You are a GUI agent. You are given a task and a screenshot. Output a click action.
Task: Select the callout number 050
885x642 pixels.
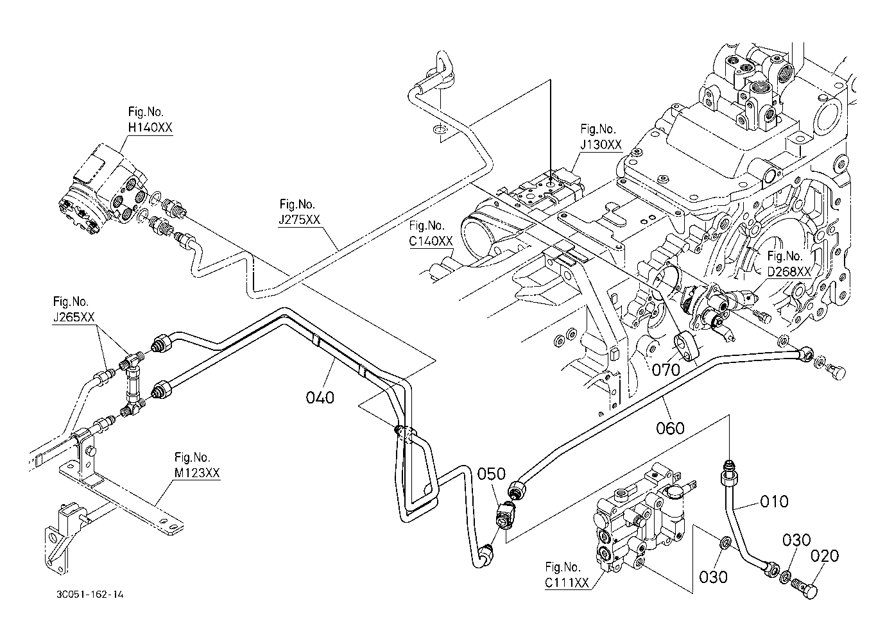[x=492, y=475]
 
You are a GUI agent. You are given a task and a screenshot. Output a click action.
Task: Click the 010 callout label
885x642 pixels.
[x=775, y=500]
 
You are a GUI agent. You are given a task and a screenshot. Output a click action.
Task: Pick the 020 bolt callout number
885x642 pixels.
[x=825, y=555]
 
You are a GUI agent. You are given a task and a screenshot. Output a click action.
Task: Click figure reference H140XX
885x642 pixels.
[x=150, y=127]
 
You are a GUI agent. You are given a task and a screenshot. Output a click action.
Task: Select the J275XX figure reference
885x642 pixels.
[x=300, y=220]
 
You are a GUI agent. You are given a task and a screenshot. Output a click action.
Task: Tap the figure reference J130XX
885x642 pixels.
[x=601, y=144]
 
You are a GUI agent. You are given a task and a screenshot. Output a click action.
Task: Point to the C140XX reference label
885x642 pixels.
[x=431, y=241]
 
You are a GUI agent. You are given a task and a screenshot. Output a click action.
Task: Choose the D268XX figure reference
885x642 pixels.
[x=789, y=271]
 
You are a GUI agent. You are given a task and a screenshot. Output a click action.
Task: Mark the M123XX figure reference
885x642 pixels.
[x=197, y=473]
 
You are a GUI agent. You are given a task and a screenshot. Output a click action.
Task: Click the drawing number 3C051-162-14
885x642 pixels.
[x=89, y=595]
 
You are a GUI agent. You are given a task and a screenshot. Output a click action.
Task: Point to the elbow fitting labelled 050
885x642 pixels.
[x=505, y=513]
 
